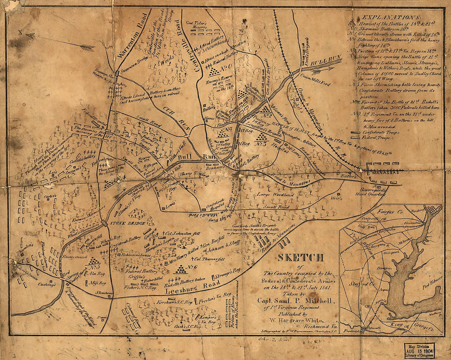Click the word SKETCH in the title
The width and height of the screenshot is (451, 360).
301,258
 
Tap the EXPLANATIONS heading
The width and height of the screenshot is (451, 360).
389,18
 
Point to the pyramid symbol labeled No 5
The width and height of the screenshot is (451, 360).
94,262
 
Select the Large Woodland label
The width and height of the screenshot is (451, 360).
275,194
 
